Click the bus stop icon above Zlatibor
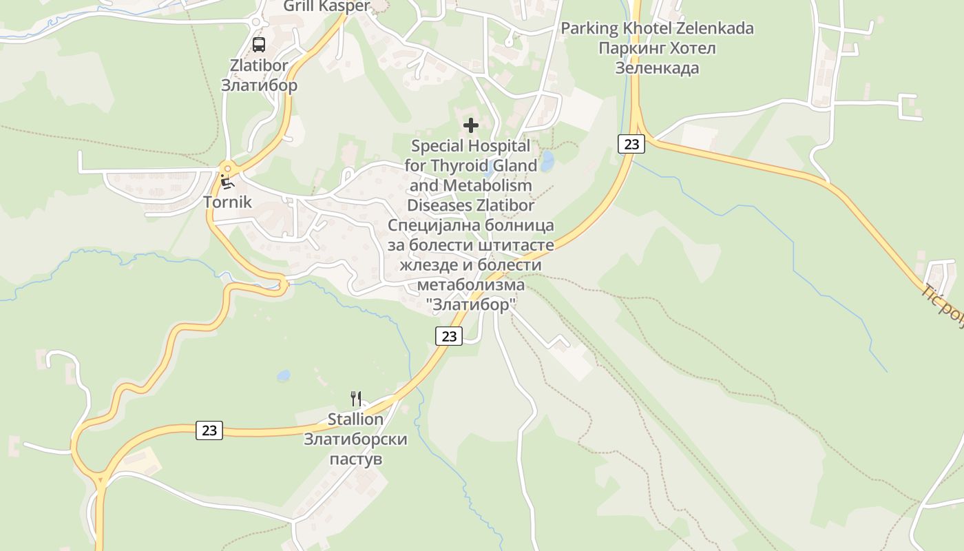(x=259, y=45)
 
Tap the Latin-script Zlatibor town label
(x=259, y=66)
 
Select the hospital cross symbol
(x=471, y=125)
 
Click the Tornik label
(x=227, y=202)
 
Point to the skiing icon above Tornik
(x=227, y=183)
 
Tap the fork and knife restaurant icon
(x=356, y=398)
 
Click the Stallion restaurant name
(x=355, y=419)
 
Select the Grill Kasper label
(x=327, y=7)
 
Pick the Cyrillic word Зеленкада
(x=657, y=68)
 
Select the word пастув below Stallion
(x=355, y=459)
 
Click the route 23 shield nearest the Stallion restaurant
(x=209, y=430)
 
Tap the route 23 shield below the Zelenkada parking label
(x=631, y=144)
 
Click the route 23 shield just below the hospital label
(x=449, y=336)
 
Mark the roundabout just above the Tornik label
(x=227, y=168)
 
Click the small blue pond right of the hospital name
(x=547, y=162)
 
